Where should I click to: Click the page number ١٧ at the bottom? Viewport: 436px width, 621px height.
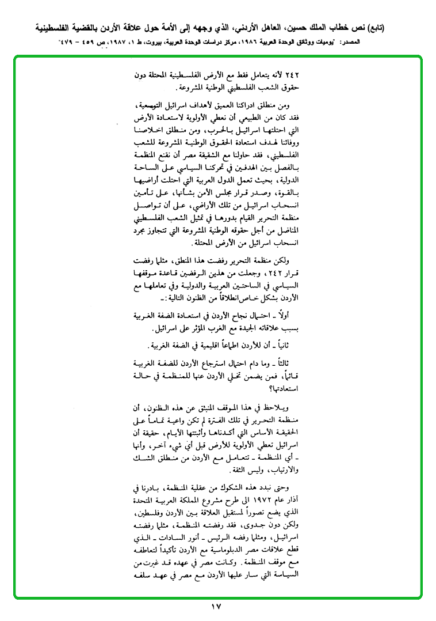pos(216,606)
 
